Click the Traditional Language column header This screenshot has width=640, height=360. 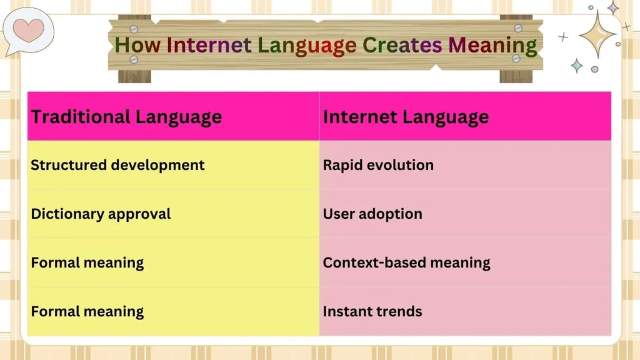coord(126,117)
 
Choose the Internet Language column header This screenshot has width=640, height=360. coord(406,117)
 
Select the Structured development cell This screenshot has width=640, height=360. coord(117,165)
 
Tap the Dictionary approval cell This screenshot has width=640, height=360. coord(101,214)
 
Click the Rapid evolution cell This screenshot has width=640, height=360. coord(378,165)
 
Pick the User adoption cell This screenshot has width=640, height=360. coord(372,214)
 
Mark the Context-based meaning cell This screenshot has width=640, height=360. coord(406,262)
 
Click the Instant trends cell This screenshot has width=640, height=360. coord(372,311)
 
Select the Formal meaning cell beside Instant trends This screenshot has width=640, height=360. coord(87,311)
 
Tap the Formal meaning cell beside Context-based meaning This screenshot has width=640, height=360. coord(87,262)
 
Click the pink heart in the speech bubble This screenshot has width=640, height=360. coord(29,29)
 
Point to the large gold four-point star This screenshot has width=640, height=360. coord(597,34)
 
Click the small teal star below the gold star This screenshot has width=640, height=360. coord(576,66)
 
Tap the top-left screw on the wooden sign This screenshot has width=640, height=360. coord(133,29)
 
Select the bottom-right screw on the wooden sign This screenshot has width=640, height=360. coord(516,58)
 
